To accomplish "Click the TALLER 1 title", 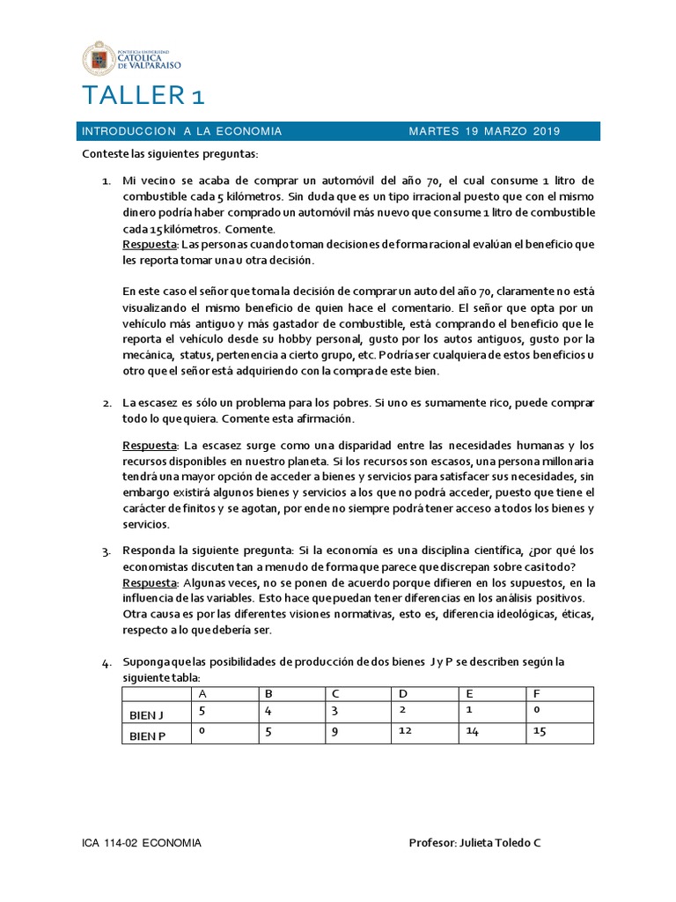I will [x=143, y=96].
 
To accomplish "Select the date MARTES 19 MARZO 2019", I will [x=484, y=132].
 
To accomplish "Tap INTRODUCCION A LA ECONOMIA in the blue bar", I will [x=181, y=132].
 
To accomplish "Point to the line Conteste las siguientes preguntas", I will [x=170, y=154].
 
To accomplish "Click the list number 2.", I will [x=106, y=403].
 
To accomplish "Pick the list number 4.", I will [x=106, y=662].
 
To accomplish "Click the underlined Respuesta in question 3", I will [x=150, y=583].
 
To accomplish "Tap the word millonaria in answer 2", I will [x=562, y=461].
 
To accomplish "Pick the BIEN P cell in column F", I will [x=540, y=731].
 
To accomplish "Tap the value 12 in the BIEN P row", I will [x=405, y=731].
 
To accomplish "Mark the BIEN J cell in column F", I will [x=536, y=709].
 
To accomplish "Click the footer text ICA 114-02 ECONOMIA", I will [x=142, y=843].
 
